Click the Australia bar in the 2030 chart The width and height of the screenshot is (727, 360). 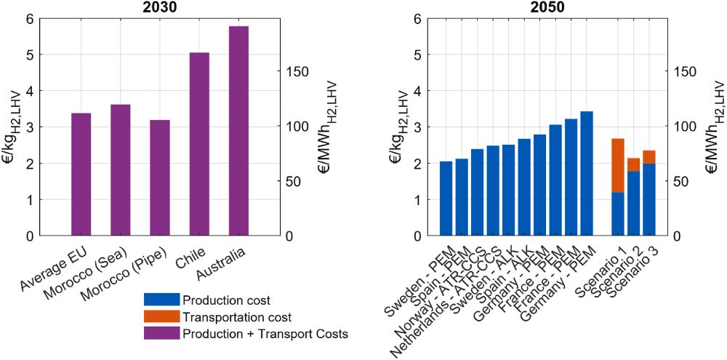pyautogui.click(x=238, y=131)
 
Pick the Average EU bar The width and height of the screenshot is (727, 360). pyautogui.click(x=81, y=175)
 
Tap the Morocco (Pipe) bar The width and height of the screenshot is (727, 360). pyautogui.click(x=160, y=177)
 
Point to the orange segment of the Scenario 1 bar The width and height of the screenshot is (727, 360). pyautogui.click(x=618, y=165)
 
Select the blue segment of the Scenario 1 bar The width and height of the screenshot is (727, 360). pyautogui.click(x=618, y=214)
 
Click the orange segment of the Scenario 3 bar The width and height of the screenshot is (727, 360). pyautogui.click(x=649, y=157)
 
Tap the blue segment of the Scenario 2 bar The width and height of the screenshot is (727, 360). pyautogui.click(x=633, y=204)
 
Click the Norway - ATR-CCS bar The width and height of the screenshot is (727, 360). pyautogui.click(x=477, y=193)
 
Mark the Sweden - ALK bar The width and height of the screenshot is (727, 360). pyautogui.click(x=508, y=191)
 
